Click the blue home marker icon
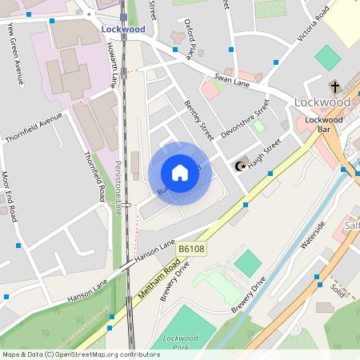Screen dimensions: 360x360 180,173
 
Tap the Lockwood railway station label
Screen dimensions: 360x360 123,29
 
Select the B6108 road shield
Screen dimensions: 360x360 191,250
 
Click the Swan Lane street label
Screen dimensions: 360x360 232,78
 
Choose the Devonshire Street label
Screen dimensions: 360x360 245,119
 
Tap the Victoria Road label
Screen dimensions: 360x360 313,23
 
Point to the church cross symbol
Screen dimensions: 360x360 334,86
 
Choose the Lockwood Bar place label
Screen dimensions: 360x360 318,124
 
